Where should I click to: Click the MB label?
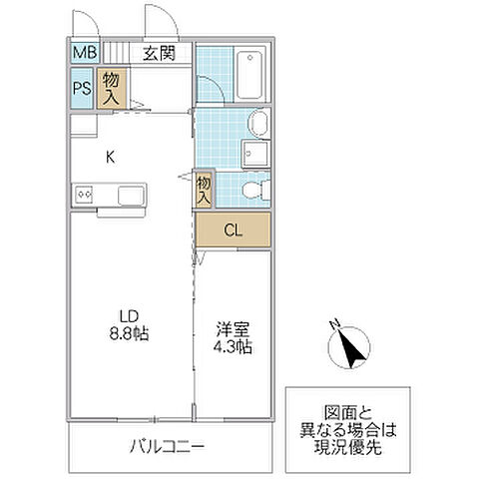[x=82, y=53]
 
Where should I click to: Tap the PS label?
[x=82, y=88]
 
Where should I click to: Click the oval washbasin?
[x=258, y=124]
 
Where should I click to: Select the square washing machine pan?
[x=255, y=155]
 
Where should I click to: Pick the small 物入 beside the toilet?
[x=204, y=189]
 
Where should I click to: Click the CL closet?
[x=233, y=231]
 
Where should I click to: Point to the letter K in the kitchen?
[x=111, y=155]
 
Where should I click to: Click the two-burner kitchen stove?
[x=82, y=194]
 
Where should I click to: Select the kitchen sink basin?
[x=132, y=193]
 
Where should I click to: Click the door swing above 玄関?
[x=157, y=21]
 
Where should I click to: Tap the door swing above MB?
[x=85, y=21]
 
